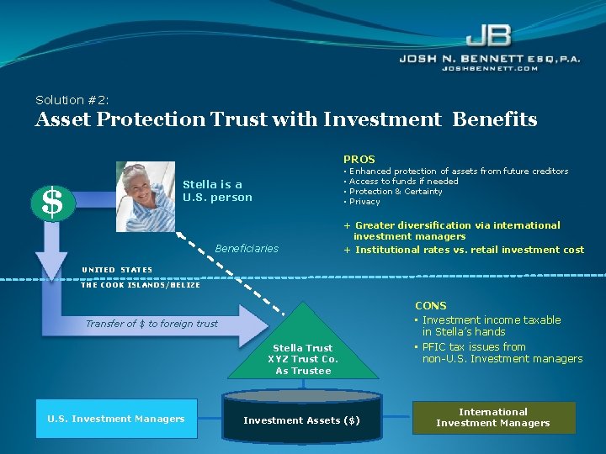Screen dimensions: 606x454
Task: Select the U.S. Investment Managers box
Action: click(116, 419)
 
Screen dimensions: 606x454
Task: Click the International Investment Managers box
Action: click(493, 418)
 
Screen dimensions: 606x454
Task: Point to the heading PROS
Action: click(359, 159)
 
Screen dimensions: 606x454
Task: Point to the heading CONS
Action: click(431, 306)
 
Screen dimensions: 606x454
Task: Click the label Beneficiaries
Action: click(247, 249)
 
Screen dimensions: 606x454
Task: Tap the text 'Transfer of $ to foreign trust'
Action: click(151, 324)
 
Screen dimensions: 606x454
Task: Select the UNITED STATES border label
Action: click(117, 270)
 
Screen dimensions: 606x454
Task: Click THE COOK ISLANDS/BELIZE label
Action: click(141, 285)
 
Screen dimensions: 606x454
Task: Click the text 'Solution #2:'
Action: click(72, 100)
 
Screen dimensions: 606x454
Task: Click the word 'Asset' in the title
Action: click(63, 120)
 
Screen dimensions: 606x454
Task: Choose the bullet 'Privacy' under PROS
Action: click(364, 202)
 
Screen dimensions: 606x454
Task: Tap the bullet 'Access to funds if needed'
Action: click(403, 182)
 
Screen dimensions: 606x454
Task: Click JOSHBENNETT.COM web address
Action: click(490, 68)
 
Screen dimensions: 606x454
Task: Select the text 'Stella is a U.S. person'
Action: click(217, 191)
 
